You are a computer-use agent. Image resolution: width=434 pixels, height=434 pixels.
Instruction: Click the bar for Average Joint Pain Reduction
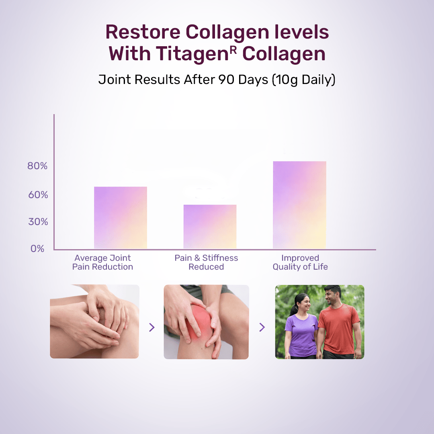121,217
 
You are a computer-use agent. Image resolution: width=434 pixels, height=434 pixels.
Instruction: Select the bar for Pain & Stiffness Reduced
210,227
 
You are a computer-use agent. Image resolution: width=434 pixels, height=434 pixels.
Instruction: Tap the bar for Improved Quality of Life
299,205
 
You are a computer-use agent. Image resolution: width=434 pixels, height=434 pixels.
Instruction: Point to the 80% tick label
37,166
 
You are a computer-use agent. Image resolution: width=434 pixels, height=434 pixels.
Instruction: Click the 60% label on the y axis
38,195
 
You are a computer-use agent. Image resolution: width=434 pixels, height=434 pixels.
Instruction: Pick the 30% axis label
38,222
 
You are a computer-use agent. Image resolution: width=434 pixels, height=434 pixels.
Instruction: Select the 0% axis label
37,249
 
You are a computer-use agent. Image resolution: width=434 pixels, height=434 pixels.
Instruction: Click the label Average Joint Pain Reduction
102,262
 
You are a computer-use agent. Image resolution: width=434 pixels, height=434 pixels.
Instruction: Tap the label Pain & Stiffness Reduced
206,262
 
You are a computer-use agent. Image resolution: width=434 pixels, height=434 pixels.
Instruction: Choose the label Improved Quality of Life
300,262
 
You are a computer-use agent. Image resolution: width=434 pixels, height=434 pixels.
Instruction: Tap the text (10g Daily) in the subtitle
303,80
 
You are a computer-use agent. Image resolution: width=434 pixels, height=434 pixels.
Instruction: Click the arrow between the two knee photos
151,328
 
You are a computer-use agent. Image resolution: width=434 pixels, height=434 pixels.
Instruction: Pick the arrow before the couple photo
262,328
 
